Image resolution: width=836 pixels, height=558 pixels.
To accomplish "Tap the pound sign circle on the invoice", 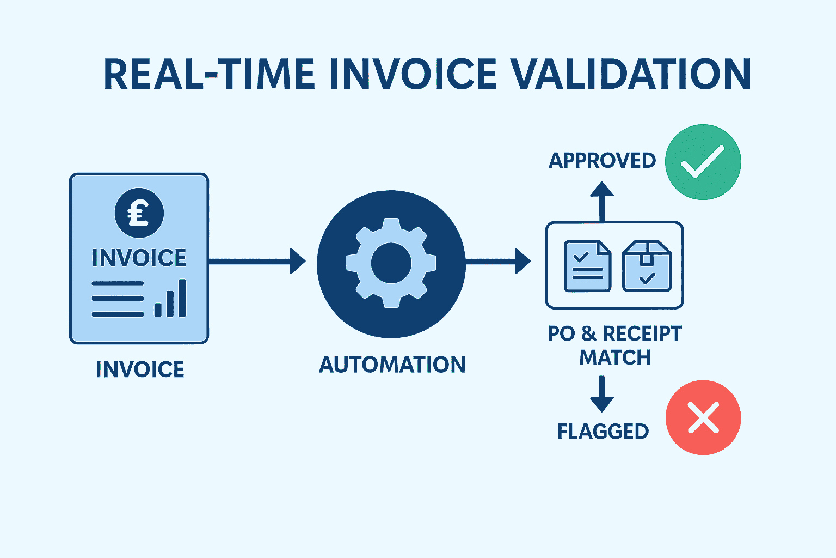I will pos(139,213).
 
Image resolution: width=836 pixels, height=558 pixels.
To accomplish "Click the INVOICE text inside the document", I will pos(139,258).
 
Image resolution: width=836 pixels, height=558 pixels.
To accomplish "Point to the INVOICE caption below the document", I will pos(140,369).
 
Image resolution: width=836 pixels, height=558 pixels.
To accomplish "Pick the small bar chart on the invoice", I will pos(170,299).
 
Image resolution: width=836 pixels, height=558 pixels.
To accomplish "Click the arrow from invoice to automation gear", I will pos(256,262).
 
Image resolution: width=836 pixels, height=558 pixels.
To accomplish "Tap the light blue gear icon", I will pos(391,263).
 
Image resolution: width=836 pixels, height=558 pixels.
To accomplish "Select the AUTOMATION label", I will pos(392,365).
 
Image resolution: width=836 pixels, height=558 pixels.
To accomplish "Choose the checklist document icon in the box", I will pos(587,266).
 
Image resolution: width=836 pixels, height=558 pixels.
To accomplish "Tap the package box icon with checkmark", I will pos(647,266).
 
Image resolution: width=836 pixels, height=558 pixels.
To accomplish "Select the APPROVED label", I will pos(602,161).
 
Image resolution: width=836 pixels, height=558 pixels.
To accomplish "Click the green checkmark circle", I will pos(703,162).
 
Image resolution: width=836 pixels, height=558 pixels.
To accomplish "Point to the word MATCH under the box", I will pos(614,358).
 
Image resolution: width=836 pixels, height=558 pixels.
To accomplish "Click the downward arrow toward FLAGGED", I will pos(602,394).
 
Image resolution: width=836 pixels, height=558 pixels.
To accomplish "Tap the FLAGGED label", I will pos(603,432).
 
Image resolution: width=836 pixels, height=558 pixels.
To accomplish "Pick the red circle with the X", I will pos(703,417).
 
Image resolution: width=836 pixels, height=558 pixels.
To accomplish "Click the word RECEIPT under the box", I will pos(642,333).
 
